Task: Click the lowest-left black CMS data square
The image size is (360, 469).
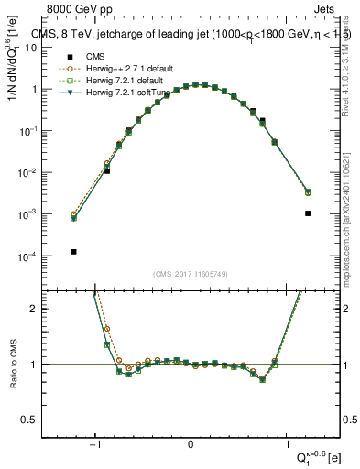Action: (x=73, y=251)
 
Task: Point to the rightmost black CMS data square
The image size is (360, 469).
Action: (x=308, y=213)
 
